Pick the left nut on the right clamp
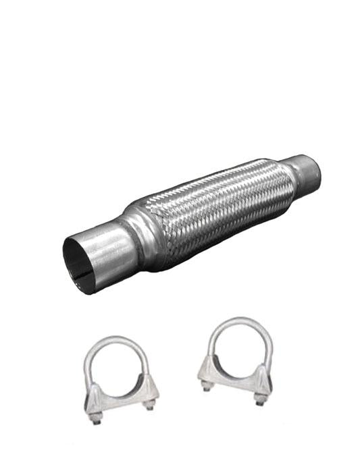[207, 386]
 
